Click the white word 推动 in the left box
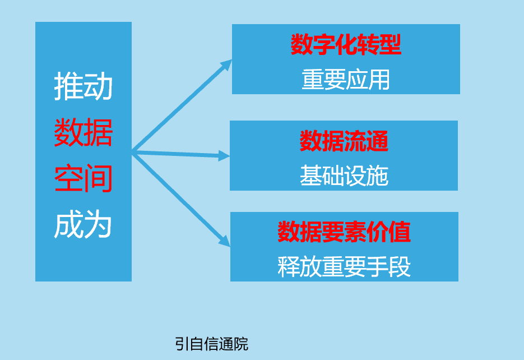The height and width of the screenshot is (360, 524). click(84, 87)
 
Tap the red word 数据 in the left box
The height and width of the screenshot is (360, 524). click(84, 133)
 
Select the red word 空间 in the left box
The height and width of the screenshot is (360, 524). click(84, 179)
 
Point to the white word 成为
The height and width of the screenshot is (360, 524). click(84, 225)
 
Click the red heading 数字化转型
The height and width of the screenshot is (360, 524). click(346, 45)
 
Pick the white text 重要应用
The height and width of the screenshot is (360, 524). click(346, 80)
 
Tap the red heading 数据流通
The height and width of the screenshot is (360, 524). click(344, 141)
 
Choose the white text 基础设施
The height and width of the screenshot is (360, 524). click(344, 176)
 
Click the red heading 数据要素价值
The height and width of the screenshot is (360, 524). click(344, 232)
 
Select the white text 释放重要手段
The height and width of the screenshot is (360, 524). click(344, 267)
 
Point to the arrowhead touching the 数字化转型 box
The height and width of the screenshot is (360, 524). click(226, 64)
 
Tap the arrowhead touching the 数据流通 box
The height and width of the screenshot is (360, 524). click(224, 156)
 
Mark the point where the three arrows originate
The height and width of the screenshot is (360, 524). click(133, 151)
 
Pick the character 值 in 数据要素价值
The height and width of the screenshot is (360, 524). click(400, 232)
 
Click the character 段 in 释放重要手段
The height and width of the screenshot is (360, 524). click(400, 267)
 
